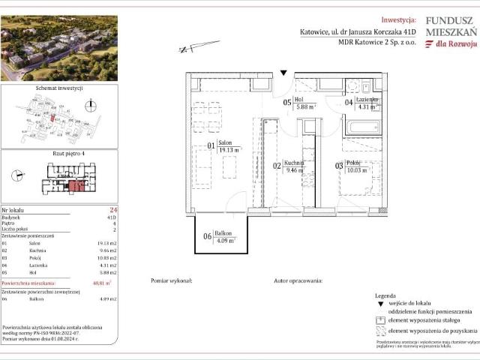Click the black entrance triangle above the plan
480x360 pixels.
point(283,73)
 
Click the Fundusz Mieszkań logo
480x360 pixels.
point(451,33)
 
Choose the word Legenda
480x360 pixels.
point(385,296)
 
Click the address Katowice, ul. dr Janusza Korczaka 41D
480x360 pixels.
point(350,31)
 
